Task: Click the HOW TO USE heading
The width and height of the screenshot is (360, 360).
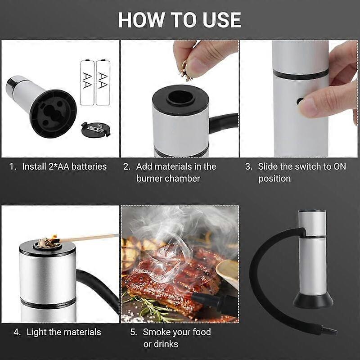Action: point(179,20)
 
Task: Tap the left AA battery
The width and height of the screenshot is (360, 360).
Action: point(87,83)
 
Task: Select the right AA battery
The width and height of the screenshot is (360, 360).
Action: point(103,83)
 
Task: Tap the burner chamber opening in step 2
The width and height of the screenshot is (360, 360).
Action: point(179,96)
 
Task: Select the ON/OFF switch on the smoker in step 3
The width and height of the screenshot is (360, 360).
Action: point(300,101)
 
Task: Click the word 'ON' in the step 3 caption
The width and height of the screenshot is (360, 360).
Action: point(340,166)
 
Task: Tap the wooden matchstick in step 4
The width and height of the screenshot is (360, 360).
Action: point(90,237)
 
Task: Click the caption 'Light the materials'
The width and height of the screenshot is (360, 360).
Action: point(63,333)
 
